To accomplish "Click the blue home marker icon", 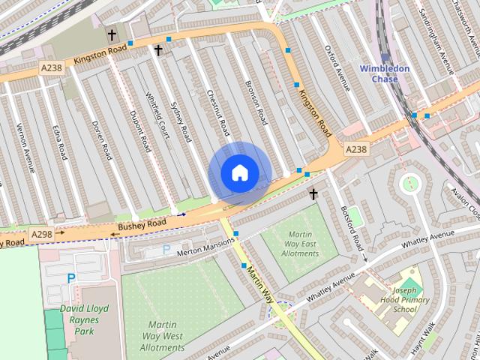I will click(238, 172).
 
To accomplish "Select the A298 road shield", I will click(41, 235).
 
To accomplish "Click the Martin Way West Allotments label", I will click(161, 335).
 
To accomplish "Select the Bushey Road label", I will click(141, 224).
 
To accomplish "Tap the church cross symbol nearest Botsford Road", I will click(313, 195).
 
